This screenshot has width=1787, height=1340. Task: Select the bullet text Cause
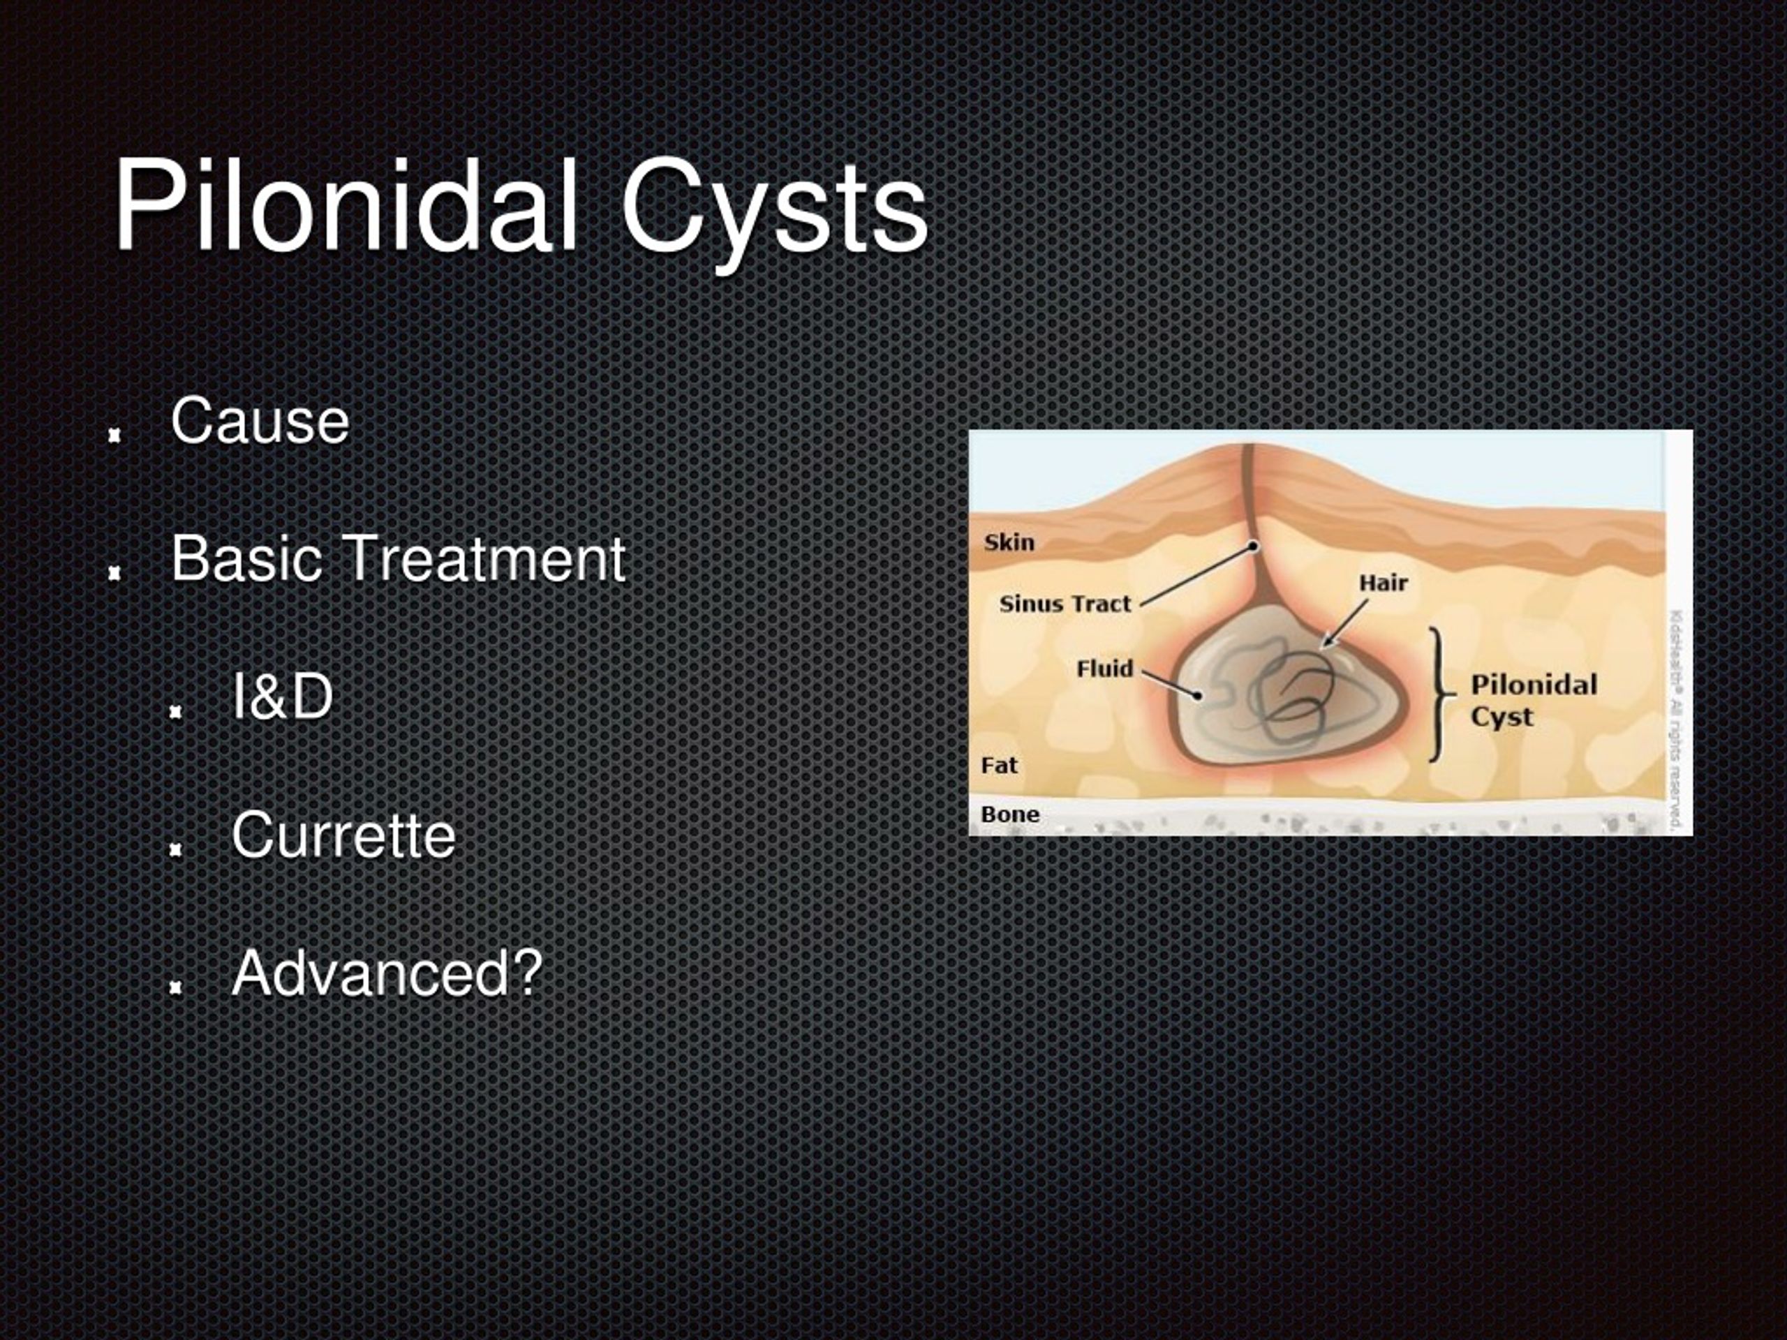click(260, 421)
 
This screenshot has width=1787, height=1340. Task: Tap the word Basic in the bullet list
click(245, 558)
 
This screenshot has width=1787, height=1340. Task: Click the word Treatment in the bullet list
click(484, 558)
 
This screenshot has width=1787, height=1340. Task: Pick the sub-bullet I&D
click(281, 697)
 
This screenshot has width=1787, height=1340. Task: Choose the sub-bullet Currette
click(343, 835)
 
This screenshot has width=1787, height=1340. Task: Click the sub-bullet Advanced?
click(386, 974)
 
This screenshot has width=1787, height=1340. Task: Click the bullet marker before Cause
click(114, 435)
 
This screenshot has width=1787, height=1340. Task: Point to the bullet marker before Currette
click(175, 849)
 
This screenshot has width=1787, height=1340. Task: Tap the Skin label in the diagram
click(1009, 542)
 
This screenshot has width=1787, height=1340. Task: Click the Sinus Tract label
click(1065, 604)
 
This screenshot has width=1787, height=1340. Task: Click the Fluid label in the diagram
click(1104, 669)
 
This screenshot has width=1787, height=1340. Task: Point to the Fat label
click(1000, 765)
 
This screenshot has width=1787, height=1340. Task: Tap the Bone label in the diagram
click(1010, 814)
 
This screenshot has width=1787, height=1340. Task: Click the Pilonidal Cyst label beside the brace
click(1532, 700)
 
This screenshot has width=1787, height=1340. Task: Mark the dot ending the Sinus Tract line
click(1254, 546)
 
